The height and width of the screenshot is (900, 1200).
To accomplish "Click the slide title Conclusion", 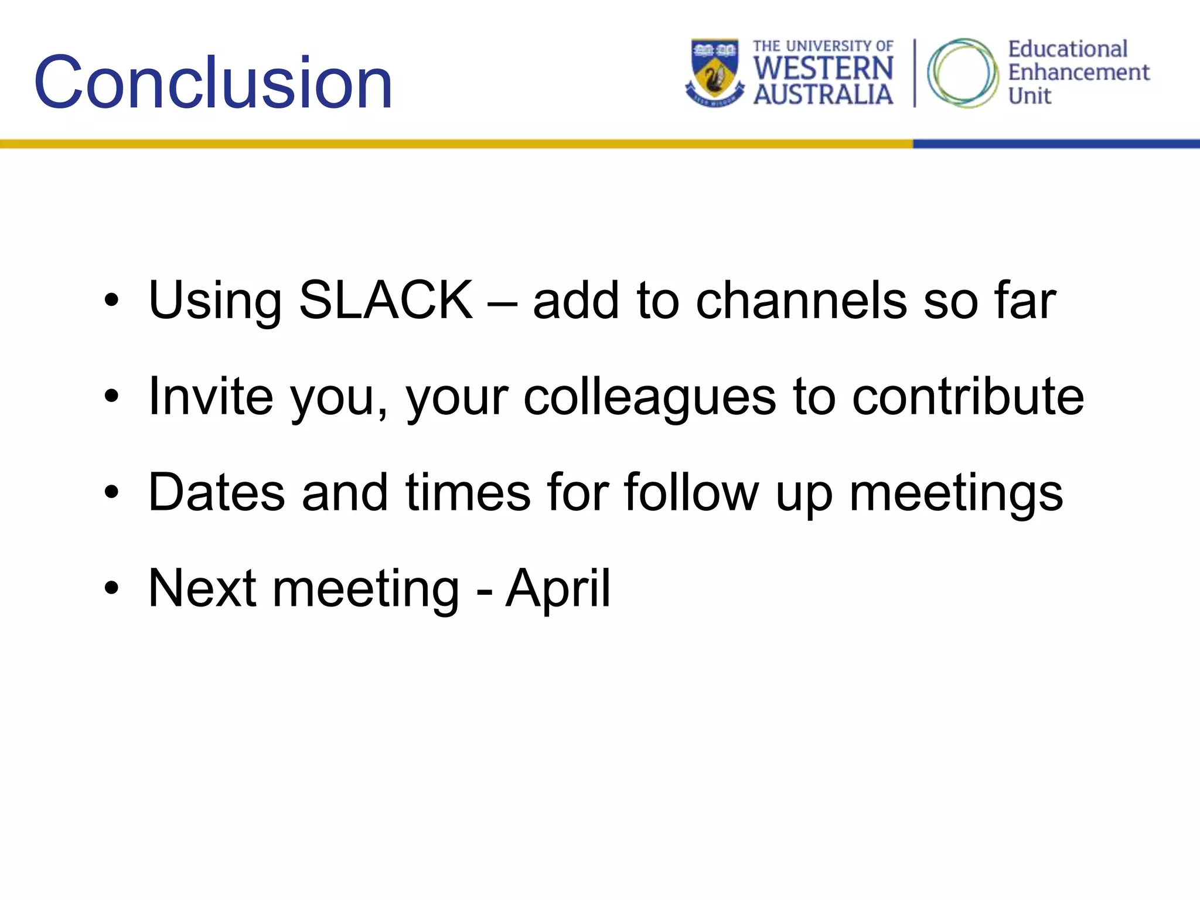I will tap(213, 83).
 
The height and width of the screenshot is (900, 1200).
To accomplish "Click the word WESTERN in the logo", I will tap(823, 69).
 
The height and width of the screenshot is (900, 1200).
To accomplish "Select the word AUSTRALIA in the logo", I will tap(823, 94).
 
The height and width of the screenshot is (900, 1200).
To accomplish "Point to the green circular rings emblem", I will tap(962, 73).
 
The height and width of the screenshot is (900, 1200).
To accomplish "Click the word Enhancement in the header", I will tap(1078, 73).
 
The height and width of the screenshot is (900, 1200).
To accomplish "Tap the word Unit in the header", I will tap(1029, 96).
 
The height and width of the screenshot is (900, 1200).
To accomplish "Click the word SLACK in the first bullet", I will tap(386, 300).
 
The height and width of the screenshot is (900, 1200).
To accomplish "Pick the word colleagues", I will tap(649, 397).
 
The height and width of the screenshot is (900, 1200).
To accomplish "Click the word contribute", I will tap(967, 397).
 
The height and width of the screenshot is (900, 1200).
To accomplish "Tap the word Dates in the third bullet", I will tap(217, 492).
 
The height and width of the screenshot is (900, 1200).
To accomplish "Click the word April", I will tap(557, 588).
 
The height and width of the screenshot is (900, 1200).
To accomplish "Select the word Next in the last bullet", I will tap(202, 588).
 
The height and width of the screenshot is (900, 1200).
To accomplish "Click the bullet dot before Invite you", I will tap(111, 397).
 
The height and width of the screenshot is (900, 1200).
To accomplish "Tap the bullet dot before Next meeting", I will tap(111, 588).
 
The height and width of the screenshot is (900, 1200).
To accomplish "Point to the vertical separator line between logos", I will tap(914, 73).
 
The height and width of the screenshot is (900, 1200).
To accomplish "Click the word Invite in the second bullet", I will tap(210, 397).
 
